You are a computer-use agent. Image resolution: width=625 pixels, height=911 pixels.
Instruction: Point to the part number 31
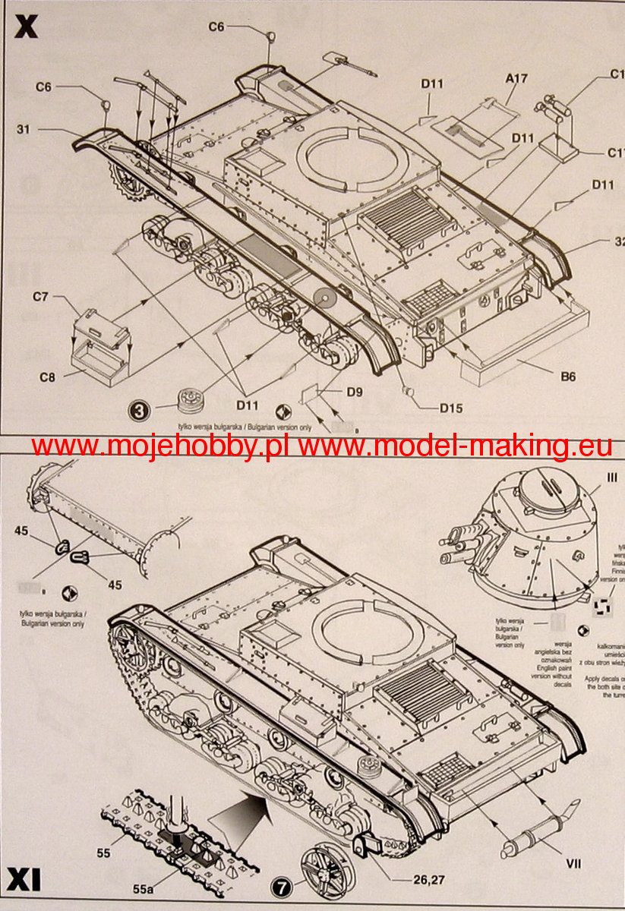point(24,129)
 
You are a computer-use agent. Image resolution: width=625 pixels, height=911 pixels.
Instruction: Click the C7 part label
point(40,297)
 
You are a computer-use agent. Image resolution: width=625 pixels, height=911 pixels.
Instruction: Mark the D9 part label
point(354,392)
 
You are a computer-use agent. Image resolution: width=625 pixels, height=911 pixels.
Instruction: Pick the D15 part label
point(450,408)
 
